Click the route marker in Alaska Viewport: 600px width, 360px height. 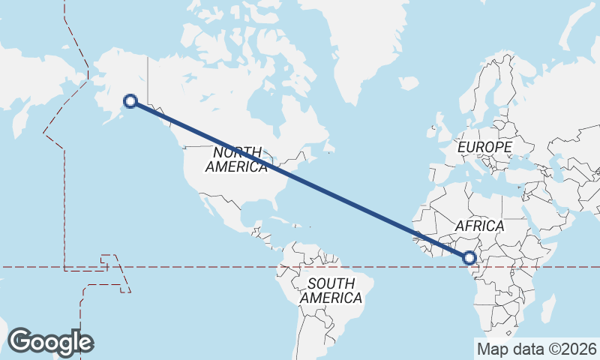coord(130,101)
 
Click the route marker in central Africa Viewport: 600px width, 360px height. coord(470,258)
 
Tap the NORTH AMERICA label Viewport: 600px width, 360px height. coord(236,159)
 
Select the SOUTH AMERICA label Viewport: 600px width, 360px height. coord(331,291)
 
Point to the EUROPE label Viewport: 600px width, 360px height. coord(484,147)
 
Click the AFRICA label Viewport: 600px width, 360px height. coord(480,226)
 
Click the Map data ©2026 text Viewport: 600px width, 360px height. coord(536,349)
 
